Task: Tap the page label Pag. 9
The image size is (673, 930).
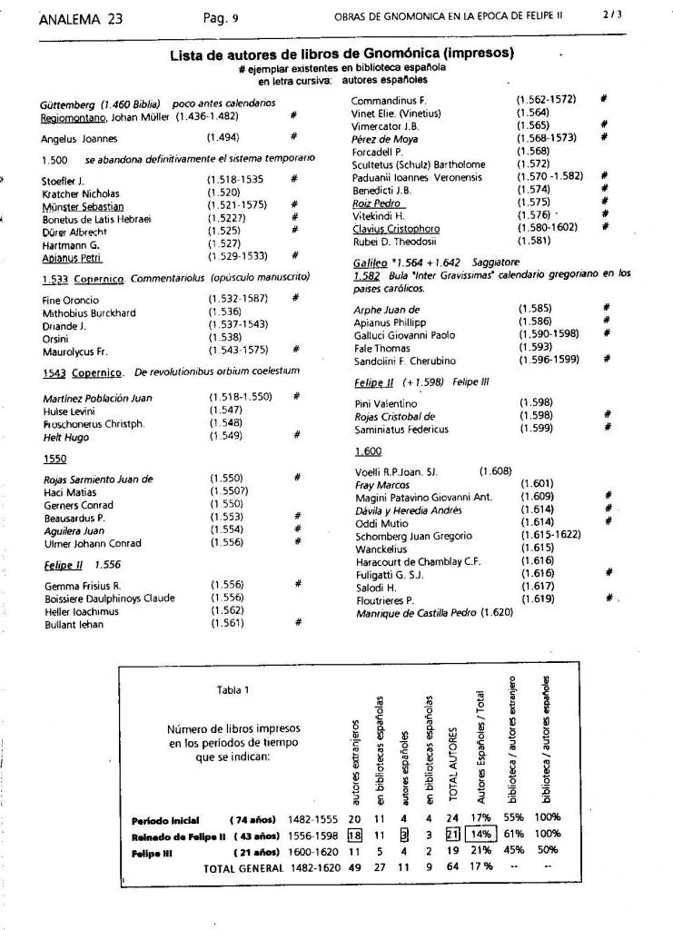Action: [222, 15]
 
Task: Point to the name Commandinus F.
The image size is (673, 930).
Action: [389, 99]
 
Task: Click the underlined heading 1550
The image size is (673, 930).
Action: [55, 460]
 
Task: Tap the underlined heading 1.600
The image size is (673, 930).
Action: [368, 451]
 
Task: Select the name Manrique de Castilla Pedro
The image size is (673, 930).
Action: [414, 613]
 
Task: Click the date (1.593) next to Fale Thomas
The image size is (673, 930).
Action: [537, 348]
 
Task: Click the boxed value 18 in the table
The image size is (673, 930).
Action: [355, 834]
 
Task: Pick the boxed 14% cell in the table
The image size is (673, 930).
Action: [480, 834]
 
